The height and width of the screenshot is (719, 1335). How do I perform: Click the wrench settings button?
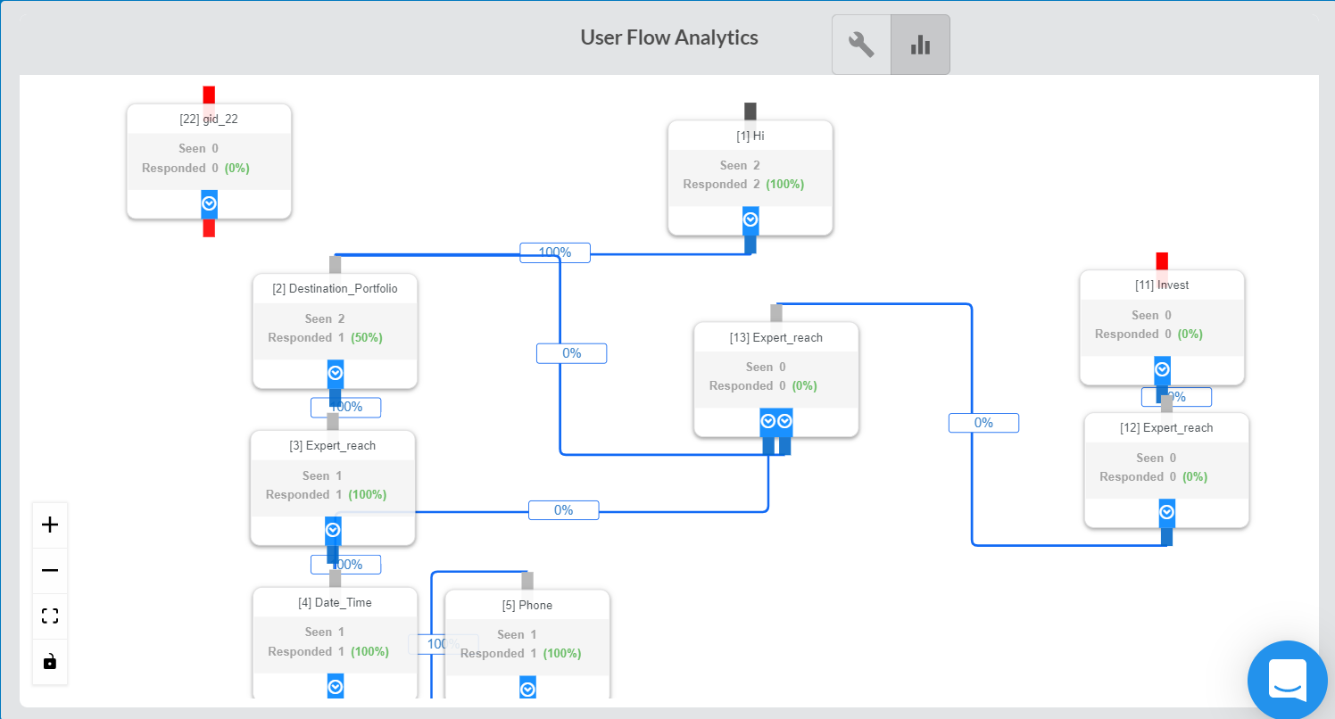(861, 45)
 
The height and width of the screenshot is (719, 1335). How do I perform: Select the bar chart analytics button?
(920, 45)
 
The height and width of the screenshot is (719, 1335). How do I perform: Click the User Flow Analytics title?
(668, 37)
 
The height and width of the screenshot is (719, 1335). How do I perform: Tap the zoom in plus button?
(50, 525)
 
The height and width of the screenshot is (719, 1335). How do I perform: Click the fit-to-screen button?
(50, 616)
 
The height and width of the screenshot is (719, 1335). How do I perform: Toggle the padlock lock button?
(50, 662)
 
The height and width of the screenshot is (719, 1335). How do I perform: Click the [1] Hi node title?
(750, 136)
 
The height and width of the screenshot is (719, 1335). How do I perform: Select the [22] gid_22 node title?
(209, 119)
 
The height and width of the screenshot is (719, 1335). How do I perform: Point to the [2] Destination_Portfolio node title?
(335, 288)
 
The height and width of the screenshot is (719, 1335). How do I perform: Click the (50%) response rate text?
(366, 338)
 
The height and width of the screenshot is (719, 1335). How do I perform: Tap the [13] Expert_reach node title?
(775, 337)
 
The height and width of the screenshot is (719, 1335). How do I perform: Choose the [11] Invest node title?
(1162, 285)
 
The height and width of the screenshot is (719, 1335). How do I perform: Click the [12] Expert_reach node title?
(1166, 427)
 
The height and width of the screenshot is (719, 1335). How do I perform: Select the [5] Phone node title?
(527, 605)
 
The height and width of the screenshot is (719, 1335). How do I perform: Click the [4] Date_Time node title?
(335, 602)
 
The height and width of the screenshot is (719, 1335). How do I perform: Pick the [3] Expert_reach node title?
(332, 445)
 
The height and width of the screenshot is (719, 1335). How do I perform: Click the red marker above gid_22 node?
(209, 95)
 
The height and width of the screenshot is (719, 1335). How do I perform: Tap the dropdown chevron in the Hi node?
(750, 219)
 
